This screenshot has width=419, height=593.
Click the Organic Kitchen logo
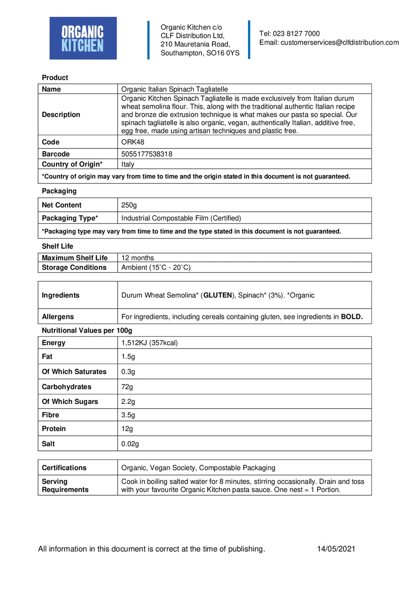83,38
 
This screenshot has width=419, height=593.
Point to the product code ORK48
132,142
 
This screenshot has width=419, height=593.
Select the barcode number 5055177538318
147,154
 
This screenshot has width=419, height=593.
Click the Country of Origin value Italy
128,164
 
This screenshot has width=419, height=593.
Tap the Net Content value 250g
129,205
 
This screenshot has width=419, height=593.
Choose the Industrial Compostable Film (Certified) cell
181,218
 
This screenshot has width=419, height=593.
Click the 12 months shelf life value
137,258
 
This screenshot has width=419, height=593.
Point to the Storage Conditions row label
74,268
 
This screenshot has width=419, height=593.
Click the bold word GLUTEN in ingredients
217,295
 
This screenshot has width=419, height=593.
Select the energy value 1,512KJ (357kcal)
150,343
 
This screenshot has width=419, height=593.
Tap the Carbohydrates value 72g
127,387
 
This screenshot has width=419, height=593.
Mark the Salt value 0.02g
130,444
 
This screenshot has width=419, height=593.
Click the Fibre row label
50,415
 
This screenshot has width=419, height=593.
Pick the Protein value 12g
127,429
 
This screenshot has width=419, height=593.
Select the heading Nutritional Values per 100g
87,330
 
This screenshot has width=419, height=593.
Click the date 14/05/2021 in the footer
336,549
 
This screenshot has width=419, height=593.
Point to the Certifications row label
64,468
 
